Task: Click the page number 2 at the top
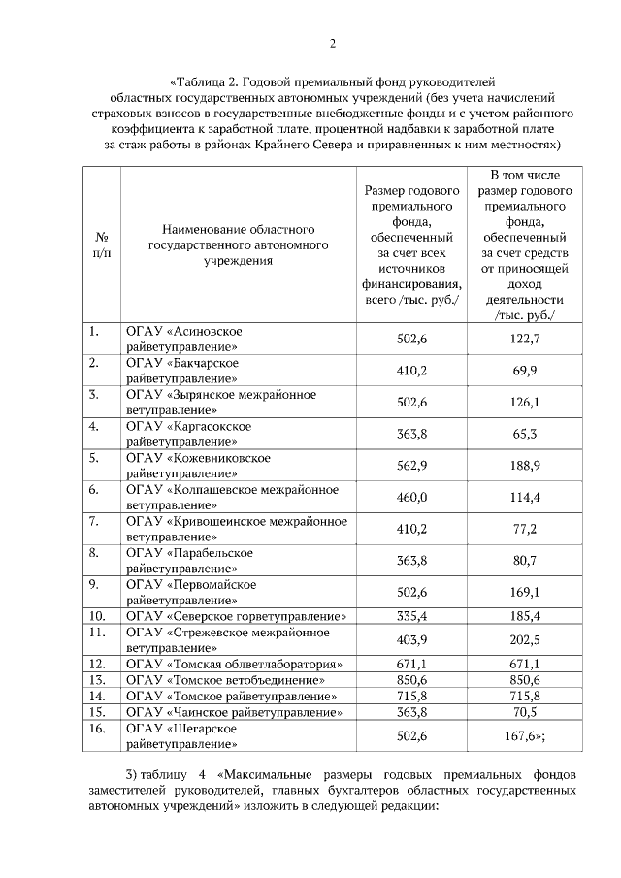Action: (331, 44)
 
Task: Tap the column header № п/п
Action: (101, 244)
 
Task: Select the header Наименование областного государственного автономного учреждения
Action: (237, 244)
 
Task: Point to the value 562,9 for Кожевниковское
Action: (411, 465)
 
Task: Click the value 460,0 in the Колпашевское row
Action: (411, 497)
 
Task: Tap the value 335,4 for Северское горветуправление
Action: (411, 615)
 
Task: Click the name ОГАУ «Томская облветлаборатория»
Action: (236, 665)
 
